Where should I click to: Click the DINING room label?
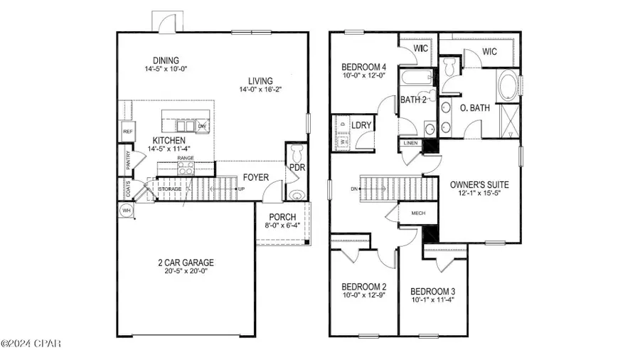point(161,60)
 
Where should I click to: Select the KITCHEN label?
point(169,140)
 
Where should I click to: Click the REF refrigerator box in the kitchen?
point(128,132)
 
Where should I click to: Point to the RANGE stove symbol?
point(186,169)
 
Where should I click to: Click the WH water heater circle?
point(127,211)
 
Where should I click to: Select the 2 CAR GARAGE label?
point(186,263)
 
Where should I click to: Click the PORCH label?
point(282,217)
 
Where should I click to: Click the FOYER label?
point(255,177)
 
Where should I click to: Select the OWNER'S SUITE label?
point(479,184)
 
